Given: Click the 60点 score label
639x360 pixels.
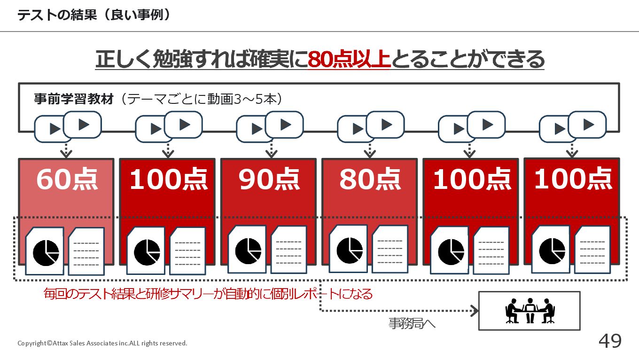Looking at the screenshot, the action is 67,179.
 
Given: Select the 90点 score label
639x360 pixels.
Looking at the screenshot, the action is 269,179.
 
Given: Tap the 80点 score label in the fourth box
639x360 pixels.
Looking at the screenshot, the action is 370,179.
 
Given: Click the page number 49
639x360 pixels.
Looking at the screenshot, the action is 610,341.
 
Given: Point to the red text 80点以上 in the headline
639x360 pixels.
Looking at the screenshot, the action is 349,59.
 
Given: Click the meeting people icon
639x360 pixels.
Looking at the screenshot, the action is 530,311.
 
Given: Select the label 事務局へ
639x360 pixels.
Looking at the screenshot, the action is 412,323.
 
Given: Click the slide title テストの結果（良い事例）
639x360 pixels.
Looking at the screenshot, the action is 94,15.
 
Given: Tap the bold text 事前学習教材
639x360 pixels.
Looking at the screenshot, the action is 74,99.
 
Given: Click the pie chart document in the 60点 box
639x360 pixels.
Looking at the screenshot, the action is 45,251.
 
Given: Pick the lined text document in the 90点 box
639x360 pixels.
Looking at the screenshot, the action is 288,250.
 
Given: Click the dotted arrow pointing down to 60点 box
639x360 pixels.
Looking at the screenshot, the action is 66,150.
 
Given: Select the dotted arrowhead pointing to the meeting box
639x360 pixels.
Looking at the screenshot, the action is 475,311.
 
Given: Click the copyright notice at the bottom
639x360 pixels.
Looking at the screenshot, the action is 102,343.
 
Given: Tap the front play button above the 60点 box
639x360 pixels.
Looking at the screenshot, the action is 82,125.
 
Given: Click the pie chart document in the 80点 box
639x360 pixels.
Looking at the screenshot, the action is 348,249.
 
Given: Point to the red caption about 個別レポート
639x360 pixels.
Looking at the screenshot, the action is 208,294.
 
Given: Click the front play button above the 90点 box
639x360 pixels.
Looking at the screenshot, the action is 284,125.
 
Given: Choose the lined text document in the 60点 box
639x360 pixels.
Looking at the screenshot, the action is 86,251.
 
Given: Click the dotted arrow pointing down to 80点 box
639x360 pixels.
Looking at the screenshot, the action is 370,150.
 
